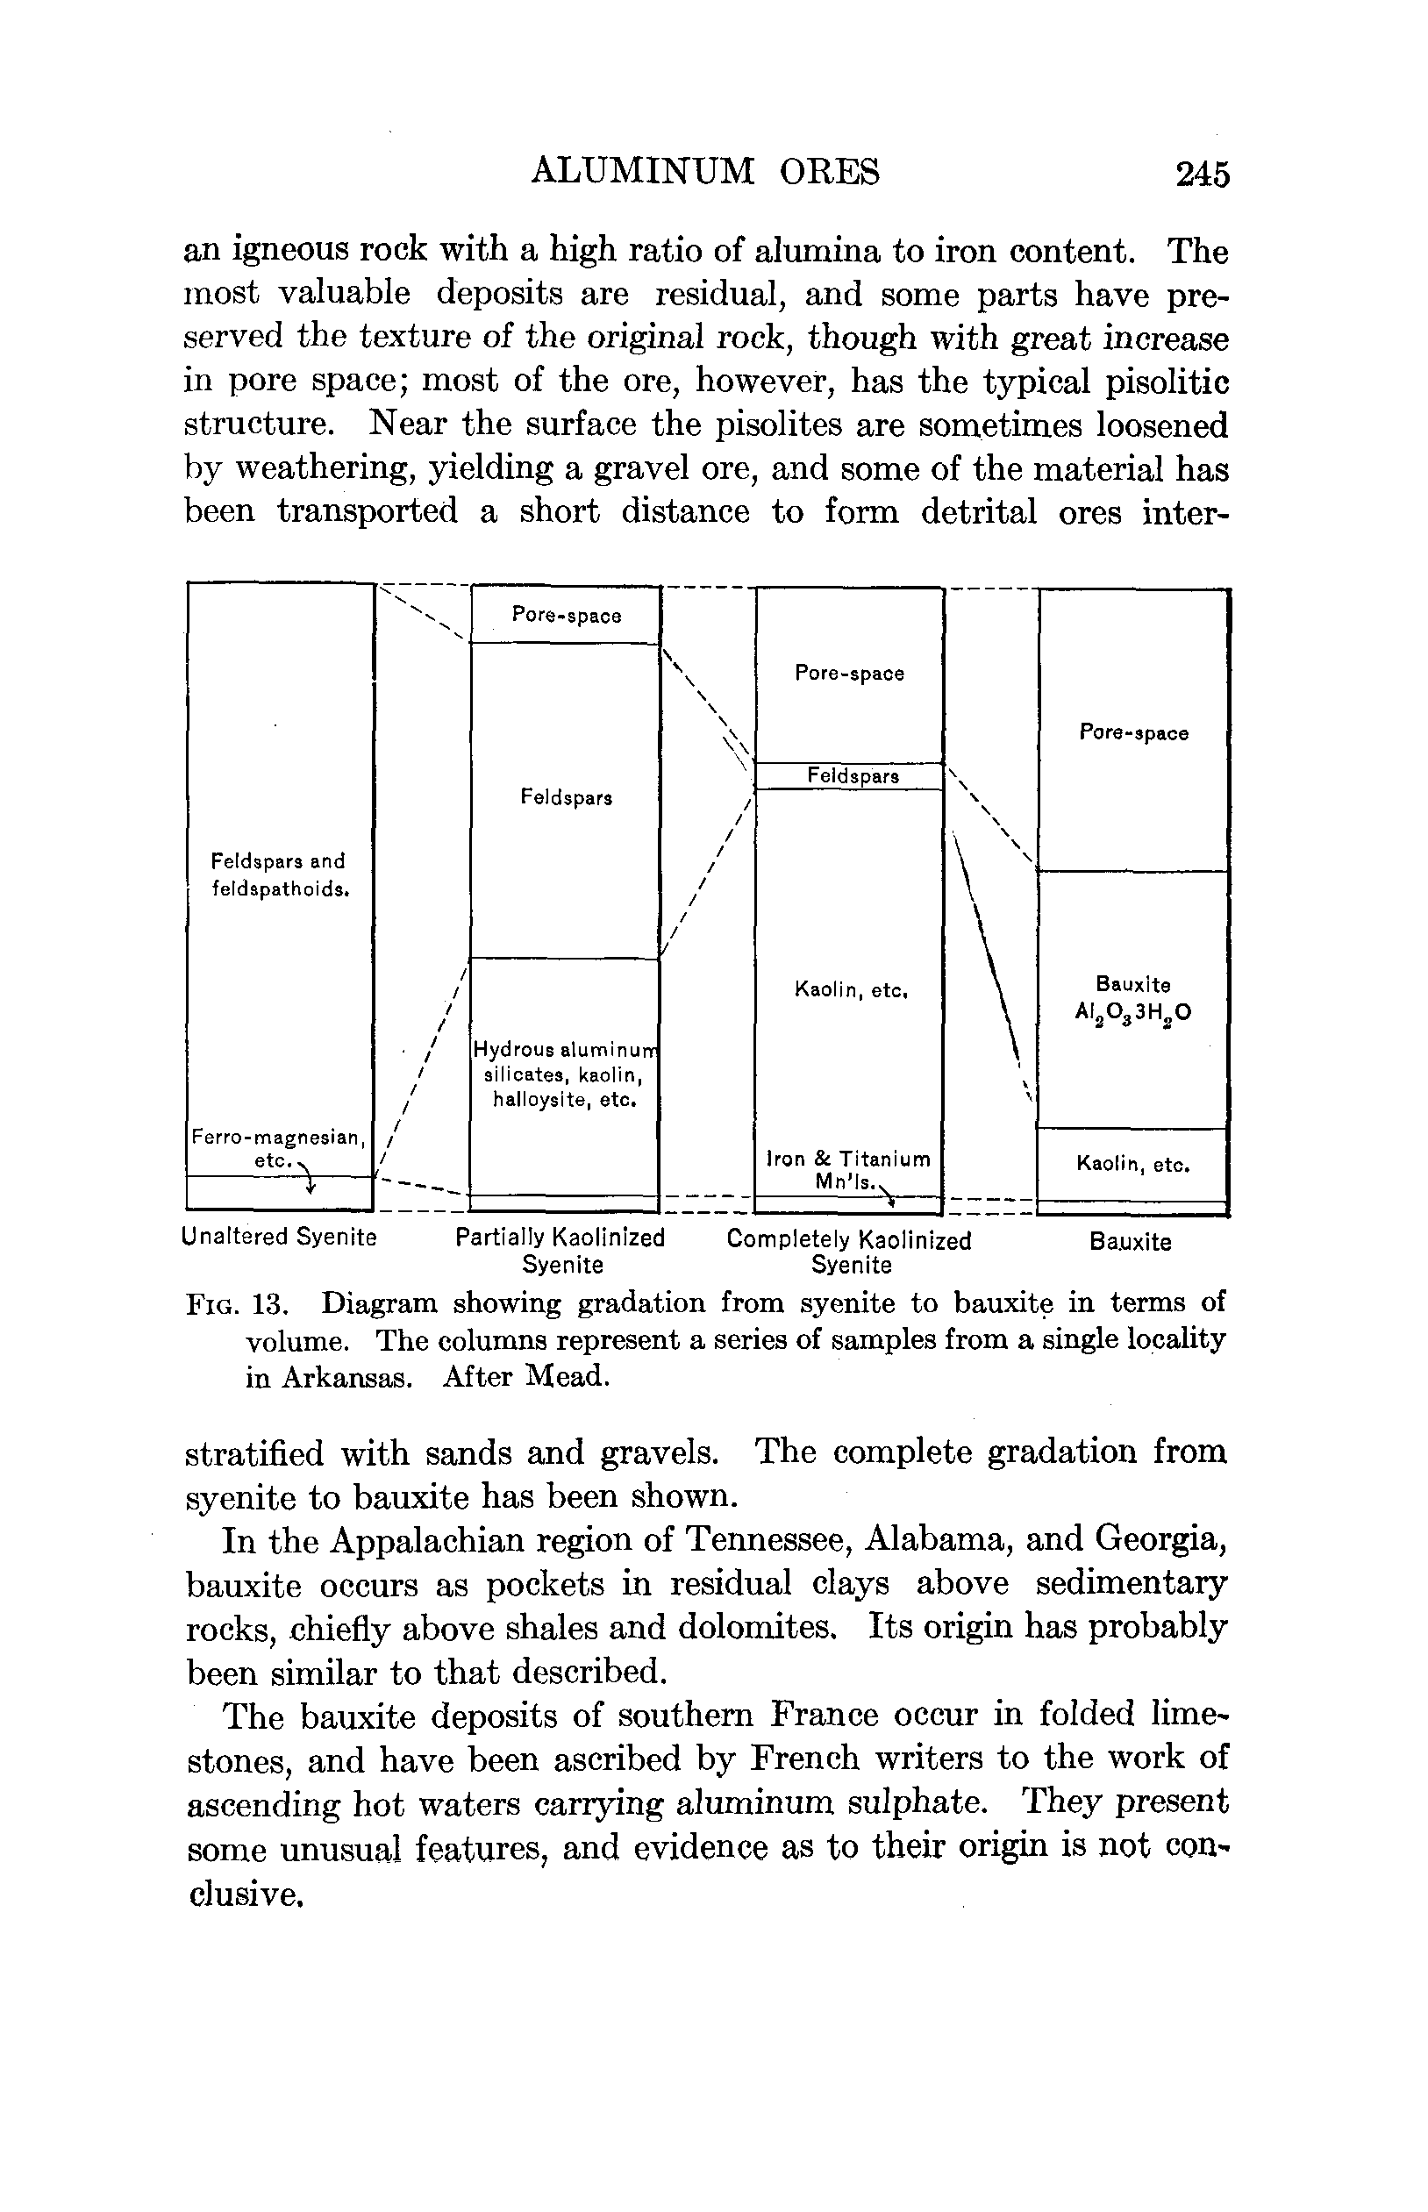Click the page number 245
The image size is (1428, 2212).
1202,174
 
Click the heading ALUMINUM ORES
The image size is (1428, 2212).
704,172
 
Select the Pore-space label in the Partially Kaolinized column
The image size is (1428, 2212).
567,616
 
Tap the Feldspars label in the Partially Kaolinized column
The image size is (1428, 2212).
566,797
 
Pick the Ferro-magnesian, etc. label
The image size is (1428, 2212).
277,1148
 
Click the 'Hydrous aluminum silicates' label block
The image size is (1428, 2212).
565,1074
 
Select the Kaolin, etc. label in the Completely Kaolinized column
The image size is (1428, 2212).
850,990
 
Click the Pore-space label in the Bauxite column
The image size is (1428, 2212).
1133,733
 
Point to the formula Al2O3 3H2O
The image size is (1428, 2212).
1133,1012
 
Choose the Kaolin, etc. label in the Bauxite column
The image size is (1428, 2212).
1133,1164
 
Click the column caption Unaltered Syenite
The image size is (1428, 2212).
279,1237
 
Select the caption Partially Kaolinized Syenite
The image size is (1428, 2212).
561,1252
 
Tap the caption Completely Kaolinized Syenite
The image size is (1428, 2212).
849,1252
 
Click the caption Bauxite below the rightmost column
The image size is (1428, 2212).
1131,1242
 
